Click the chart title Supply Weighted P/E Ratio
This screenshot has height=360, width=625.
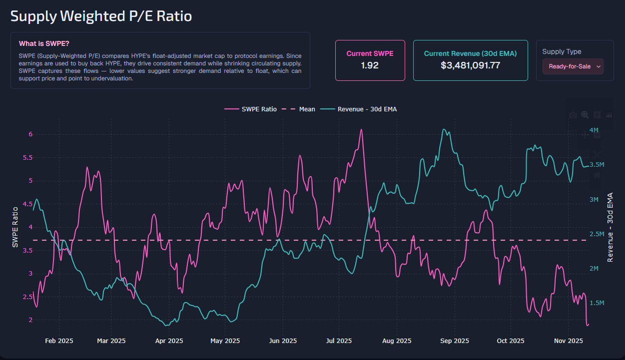click(101, 16)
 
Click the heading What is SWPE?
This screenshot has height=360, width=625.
click(44, 43)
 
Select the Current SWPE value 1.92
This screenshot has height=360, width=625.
click(370, 65)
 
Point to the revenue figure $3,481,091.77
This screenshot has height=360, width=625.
click(470, 65)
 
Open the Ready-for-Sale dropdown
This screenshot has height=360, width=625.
click(573, 66)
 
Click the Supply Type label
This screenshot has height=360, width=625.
click(562, 51)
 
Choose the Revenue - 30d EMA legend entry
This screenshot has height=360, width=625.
click(367, 109)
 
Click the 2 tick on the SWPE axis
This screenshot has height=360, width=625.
click(30, 320)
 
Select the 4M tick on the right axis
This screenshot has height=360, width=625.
click(594, 130)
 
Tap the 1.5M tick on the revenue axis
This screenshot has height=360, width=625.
click(597, 303)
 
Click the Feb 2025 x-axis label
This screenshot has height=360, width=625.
click(59, 341)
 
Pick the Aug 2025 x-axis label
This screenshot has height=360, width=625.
click(397, 341)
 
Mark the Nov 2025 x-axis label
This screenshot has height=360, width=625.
click(569, 341)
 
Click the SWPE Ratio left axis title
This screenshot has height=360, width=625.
click(15, 227)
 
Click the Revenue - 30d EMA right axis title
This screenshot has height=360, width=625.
click(610, 227)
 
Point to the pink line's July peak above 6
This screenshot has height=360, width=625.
click(361, 130)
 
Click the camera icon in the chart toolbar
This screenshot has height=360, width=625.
click(573, 115)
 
